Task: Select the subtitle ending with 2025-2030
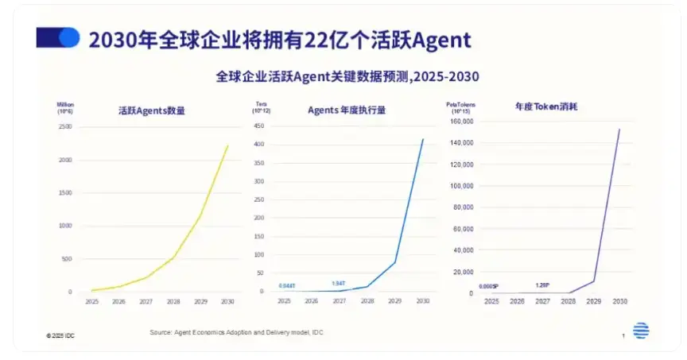(x=347, y=76)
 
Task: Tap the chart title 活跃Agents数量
(x=151, y=110)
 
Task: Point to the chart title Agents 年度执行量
(x=347, y=110)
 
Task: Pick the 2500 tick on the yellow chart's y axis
(x=65, y=127)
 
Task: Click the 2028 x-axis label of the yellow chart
(x=173, y=301)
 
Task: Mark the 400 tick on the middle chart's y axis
(x=258, y=144)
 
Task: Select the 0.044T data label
(x=286, y=285)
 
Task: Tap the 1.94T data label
(x=340, y=283)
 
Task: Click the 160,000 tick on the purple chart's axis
(x=462, y=122)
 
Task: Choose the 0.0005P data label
(x=488, y=286)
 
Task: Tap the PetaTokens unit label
(x=457, y=104)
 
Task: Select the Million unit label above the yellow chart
(x=65, y=104)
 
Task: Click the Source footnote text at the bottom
(x=236, y=331)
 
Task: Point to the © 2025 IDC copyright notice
(x=60, y=336)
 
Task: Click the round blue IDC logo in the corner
(x=641, y=331)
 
